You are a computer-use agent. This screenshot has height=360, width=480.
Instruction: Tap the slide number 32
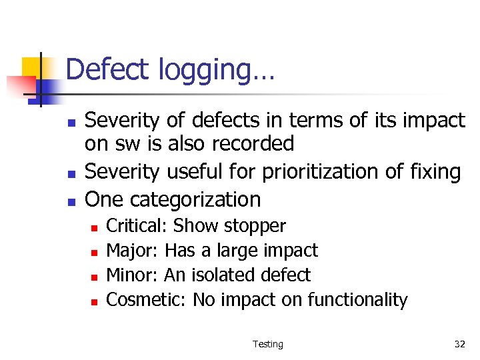(459, 344)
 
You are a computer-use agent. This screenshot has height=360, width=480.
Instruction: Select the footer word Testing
(267, 344)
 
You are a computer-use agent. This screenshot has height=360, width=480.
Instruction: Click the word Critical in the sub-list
(136, 226)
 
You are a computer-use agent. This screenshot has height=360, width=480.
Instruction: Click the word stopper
(255, 227)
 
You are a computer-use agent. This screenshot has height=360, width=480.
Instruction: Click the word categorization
(195, 199)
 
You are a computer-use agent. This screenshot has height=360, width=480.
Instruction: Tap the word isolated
(227, 275)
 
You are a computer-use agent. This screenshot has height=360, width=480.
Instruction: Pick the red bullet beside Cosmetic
(94, 301)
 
